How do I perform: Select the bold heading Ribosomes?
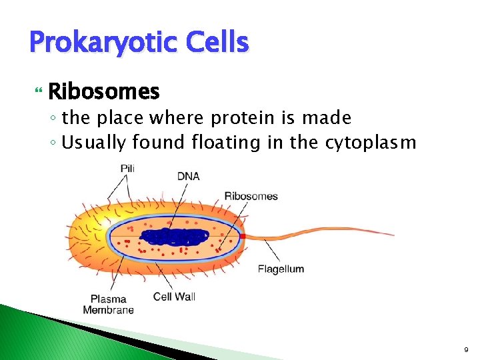104,91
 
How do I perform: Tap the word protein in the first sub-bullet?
242,118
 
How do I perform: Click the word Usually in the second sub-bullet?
95,142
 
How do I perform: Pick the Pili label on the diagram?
127,169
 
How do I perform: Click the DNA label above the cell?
188,176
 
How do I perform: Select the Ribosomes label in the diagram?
251,196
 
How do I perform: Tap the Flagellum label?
281,269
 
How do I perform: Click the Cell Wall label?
174,296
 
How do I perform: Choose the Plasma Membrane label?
108,304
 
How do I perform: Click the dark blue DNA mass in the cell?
175,237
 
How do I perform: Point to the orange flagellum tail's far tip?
393,235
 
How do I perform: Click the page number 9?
466,349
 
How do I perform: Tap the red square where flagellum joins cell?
244,236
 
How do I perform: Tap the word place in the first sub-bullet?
122,118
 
